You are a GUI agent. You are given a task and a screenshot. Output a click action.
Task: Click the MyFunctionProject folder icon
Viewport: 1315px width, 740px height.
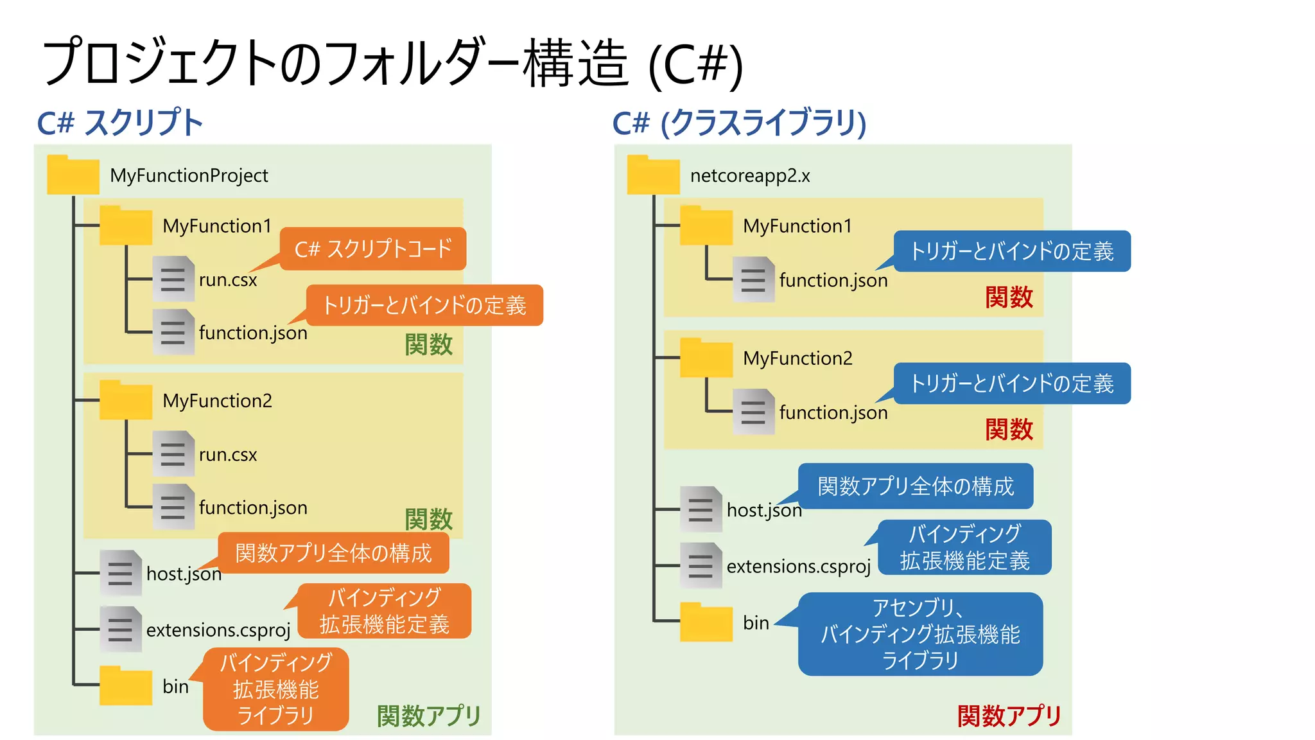[73, 175]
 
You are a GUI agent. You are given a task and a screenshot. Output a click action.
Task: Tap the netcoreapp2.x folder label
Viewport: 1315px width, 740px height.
[750, 175]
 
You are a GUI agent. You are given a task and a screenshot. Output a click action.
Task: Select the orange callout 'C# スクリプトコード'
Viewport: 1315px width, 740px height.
[373, 249]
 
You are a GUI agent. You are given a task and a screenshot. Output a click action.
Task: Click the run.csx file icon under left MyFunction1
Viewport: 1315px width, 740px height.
[173, 279]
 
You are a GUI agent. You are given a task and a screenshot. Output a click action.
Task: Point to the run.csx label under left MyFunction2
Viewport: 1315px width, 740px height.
[227, 454]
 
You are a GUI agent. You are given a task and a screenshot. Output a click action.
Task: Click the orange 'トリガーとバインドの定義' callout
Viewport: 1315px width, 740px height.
[424, 305]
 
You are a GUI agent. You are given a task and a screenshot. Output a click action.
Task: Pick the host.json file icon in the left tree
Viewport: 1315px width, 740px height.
[121, 572]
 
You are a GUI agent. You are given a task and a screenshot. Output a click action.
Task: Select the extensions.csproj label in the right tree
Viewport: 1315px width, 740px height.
[798, 566]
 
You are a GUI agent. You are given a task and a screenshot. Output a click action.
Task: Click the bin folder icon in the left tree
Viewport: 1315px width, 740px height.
[126, 686]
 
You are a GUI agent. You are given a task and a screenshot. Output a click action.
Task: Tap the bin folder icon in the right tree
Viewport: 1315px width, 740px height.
[706, 622]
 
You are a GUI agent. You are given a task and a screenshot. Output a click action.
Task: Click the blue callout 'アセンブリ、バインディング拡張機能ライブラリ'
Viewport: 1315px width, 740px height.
[920, 634]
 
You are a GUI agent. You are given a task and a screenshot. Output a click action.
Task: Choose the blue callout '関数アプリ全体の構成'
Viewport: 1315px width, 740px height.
[916, 486]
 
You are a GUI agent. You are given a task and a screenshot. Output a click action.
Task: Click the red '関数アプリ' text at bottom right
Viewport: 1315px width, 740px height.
[1009, 716]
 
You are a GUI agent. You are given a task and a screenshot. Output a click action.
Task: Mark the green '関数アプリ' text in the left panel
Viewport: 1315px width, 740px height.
[428, 716]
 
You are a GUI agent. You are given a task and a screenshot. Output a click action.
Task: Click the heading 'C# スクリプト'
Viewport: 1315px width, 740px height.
[120, 123]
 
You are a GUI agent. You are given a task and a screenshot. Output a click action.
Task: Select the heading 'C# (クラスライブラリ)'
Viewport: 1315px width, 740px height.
[739, 123]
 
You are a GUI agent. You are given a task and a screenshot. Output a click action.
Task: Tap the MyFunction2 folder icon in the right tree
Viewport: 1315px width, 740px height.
[706, 358]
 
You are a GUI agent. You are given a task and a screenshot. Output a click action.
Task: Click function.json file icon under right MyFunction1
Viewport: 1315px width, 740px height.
[754, 279]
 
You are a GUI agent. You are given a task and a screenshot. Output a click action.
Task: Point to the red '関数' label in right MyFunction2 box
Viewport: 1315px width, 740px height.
[1009, 429]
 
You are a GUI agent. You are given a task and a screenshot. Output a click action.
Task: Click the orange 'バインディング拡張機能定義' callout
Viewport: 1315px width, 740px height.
[385, 611]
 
